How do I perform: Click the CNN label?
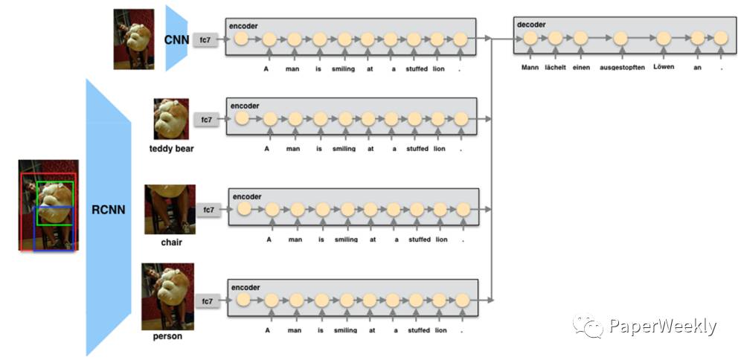tap(178, 38)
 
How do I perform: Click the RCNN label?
tap(108, 210)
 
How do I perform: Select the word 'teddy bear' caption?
tap(172, 149)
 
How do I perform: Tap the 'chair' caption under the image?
tap(171, 242)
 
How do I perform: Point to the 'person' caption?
tap(167, 336)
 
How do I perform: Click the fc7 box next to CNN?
tap(205, 39)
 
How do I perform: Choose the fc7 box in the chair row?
tap(209, 210)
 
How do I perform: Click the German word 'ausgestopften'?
tap(622, 67)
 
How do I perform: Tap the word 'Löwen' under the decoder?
tap(664, 67)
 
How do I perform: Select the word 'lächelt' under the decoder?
tap(554, 67)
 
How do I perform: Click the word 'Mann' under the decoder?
tap(530, 67)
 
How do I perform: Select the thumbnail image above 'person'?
tap(167, 296)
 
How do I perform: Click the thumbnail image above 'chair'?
tap(170, 210)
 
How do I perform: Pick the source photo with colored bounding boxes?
tap(48, 205)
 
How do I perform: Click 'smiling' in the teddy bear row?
tap(344, 149)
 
